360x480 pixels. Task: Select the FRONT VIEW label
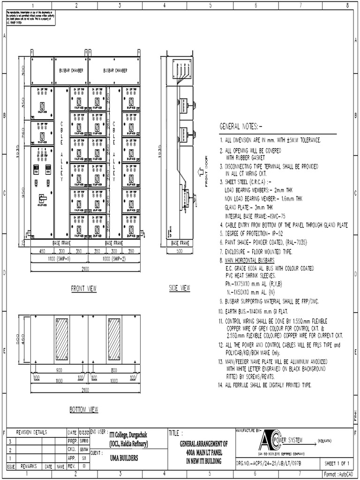83,289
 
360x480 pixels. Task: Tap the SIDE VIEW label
180,288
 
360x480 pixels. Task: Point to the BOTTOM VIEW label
84,410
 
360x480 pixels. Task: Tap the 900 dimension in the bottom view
60,370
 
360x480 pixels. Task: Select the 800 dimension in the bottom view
114,370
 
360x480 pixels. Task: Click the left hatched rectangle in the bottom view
61,338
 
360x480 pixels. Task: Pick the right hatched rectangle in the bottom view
114,338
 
